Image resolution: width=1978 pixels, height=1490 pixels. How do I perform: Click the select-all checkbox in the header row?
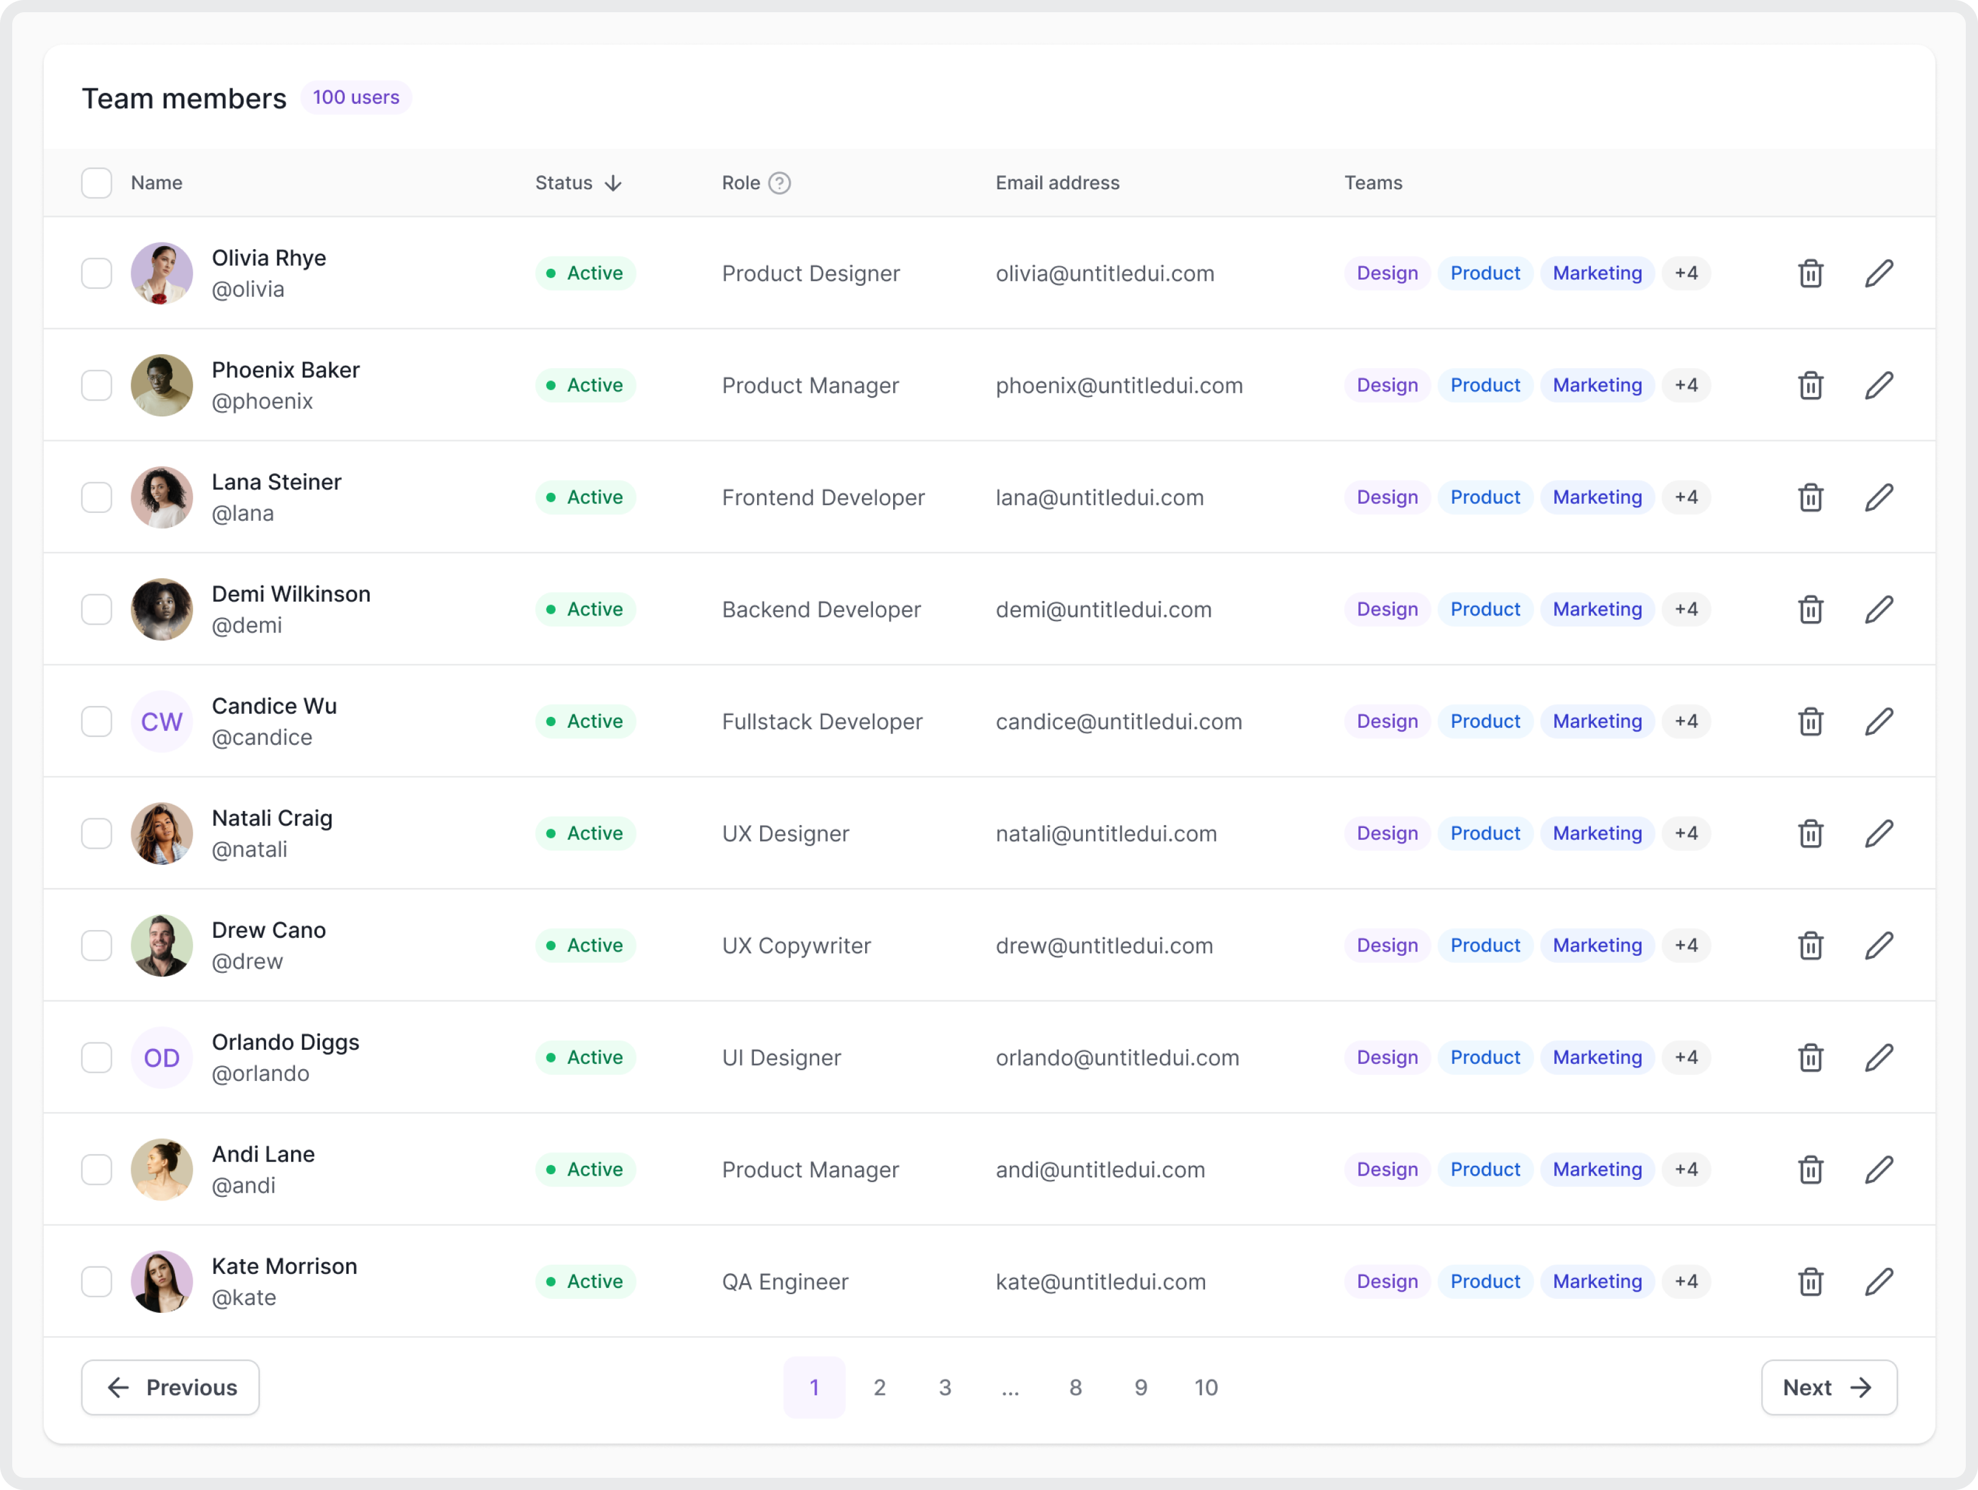point(96,183)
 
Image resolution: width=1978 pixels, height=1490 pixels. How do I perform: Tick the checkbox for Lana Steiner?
point(96,497)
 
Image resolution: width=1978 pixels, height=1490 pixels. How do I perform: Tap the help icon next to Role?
point(780,183)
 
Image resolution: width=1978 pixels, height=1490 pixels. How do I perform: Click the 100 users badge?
point(356,98)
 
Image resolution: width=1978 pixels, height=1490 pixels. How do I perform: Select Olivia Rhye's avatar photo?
point(162,274)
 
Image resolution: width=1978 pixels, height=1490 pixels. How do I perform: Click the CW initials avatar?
point(162,722)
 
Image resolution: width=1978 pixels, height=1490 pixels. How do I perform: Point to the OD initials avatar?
point(162,1058)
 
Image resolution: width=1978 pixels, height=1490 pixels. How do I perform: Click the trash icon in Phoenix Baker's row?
point(1811,385)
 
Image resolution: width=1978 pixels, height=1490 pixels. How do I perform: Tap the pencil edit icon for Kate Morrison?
point(1878,1282)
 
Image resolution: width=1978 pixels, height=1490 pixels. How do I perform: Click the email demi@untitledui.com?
point(1103,610)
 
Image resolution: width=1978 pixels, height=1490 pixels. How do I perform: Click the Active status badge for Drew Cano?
point(585,945)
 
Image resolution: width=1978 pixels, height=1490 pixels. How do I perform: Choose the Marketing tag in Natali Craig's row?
point(1597,834)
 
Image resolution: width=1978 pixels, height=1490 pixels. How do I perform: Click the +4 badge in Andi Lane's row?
point(1686,1170)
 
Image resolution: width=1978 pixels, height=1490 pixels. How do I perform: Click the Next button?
point(1828,1388)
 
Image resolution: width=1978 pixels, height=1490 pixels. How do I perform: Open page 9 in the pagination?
point(1141,1388)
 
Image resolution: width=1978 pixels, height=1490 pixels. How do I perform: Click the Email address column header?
point(1057,183)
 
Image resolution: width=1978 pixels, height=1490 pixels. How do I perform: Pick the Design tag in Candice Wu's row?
point(1387,722)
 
